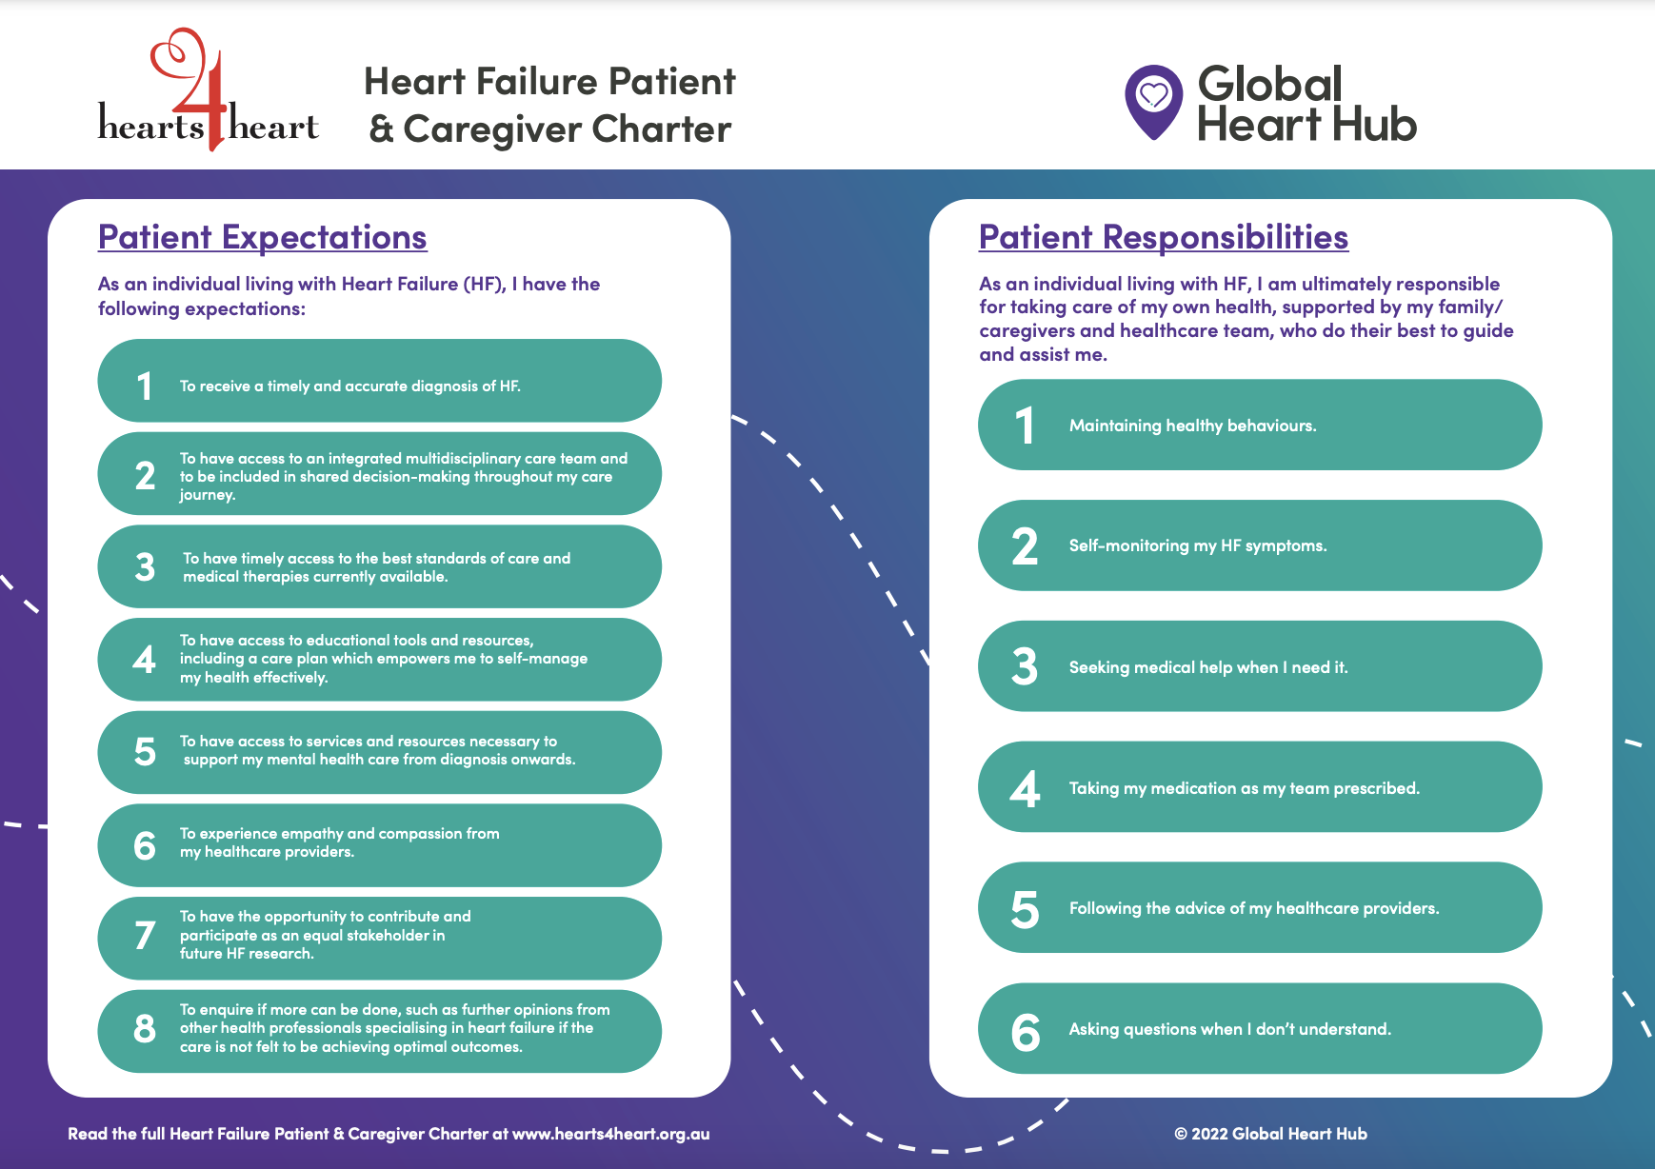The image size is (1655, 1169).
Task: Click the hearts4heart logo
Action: pos(208,95)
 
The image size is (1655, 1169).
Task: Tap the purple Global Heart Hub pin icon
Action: pos(1153,101)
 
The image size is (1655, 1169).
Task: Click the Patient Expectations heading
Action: pos(262,237)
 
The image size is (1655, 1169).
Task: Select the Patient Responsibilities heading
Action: pos(1163,237)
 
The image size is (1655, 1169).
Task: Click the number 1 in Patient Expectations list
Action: pos(145,386)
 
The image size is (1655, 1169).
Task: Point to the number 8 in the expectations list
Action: pos(145,1028)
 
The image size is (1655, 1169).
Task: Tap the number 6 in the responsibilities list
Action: pos(1025,1032)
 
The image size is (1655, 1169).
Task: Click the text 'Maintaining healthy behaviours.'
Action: pos(1192,426)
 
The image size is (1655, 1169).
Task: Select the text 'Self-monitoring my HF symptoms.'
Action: pos(1197,545)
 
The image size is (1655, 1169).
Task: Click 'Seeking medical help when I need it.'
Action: pos(1207,667)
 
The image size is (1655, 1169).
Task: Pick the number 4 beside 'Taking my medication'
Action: pos(1025,789)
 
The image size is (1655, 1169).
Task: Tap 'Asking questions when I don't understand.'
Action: pos(1229,1029)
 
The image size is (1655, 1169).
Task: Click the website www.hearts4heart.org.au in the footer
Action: pos(610,1134)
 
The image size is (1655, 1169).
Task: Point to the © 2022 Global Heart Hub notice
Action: pos(1270,1134)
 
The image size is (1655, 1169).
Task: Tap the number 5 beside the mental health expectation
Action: pos(145,752)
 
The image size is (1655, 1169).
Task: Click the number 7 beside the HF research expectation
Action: pos(145,935)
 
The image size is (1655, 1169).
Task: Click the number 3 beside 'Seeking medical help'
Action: pos(1025,666)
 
